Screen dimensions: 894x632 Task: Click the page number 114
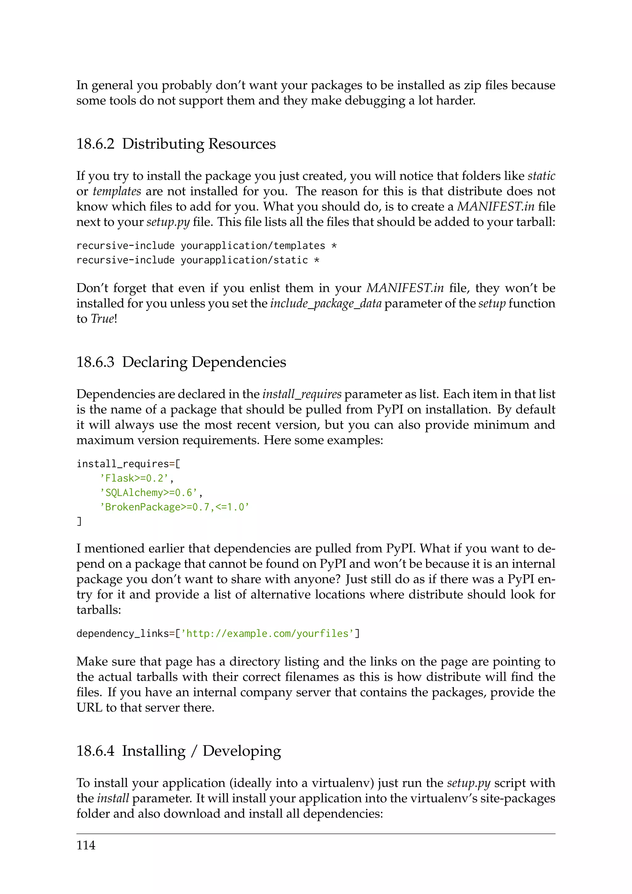[85, 845]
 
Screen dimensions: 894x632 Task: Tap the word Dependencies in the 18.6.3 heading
[239, 362]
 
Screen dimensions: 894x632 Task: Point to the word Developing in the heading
[242, 751]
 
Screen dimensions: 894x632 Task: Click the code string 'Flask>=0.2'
[134, 478]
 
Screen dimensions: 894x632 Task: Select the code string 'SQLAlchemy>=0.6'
[149, 493]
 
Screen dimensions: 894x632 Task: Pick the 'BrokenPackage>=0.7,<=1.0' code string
[174, 507]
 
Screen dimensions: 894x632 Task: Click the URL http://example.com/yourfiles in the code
[267, 633]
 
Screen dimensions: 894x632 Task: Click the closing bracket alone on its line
[79, 521]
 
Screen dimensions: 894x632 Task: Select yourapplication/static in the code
[244, 260]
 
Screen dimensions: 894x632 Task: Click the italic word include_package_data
[326, 304]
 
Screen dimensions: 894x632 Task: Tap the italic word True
[103, 319]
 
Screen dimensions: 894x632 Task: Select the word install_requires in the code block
[123, 464]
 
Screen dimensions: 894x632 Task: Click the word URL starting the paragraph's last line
[89, 708]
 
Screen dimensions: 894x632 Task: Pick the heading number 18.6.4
[95, 751]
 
